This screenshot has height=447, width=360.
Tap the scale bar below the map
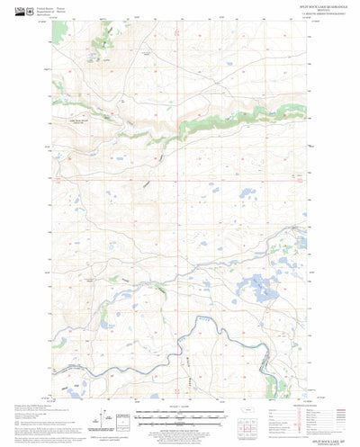pos(180,415)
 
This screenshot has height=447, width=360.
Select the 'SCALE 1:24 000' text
pos(180,409)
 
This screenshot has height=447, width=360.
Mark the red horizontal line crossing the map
pos(180,177)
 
